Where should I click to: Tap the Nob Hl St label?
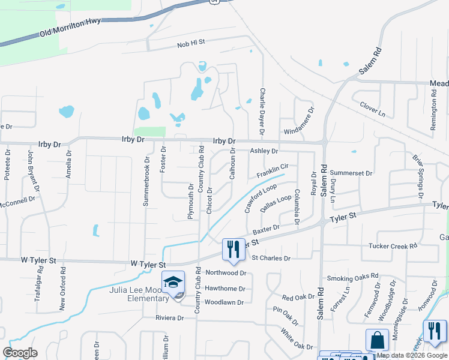click(191, 43)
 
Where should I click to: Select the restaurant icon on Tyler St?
click(234, 249)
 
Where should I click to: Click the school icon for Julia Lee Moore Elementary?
click(173, 283)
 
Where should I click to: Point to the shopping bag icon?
click(378, 340)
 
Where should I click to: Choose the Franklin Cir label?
click(273, 171)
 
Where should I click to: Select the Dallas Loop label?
click(276, 203)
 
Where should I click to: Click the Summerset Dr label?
click(351, 173)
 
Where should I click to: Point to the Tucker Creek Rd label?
click(393, 246)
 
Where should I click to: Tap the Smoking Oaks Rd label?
click(353, 277)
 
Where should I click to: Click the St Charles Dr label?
click(271, 258)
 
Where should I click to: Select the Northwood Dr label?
click(226, 272)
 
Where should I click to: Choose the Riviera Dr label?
click(169, 317)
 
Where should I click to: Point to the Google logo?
click(20, 353)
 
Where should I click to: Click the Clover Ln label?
click(373, 109)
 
